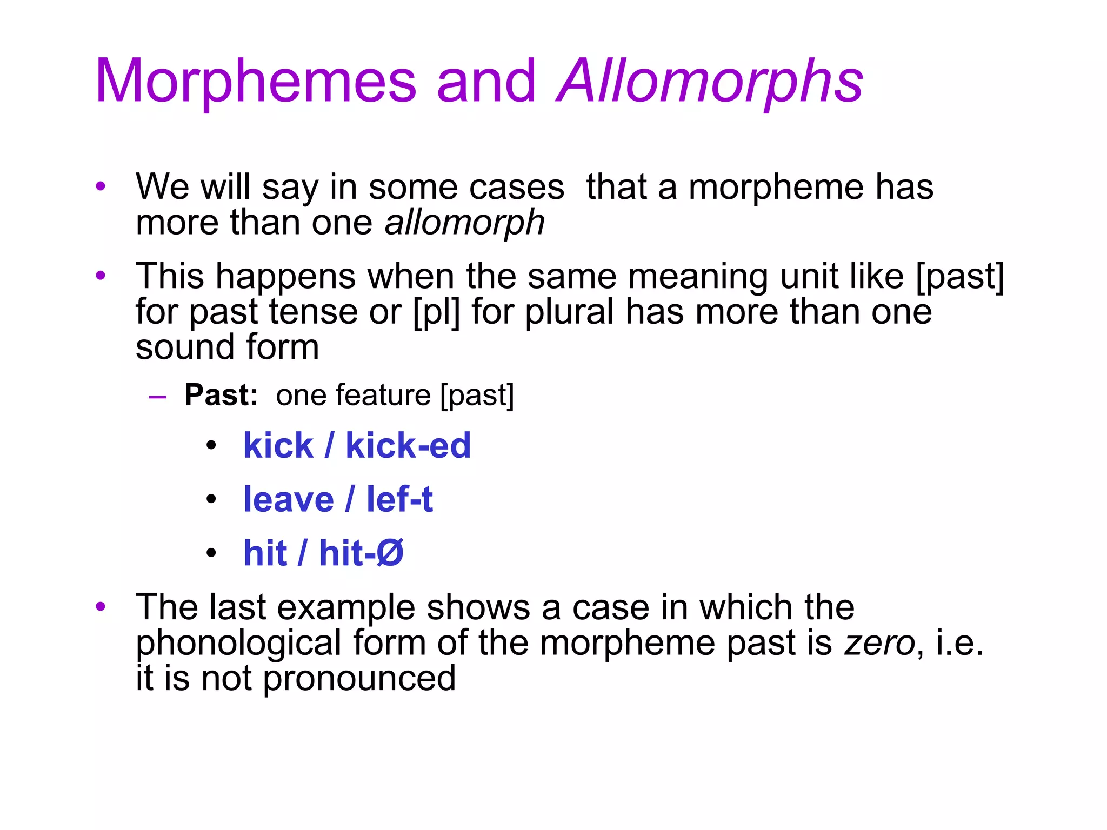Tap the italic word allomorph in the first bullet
click(x=464, y=223)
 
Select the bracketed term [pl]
click(x=436, y=312)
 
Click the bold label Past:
click(x=221, y=395)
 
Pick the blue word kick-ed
click(x=408, y=446)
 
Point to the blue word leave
click(x=289, y=499)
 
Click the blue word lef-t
click(x=399, y=499)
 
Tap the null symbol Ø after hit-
click(x=390, y=553)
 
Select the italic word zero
click(x=879, y=643)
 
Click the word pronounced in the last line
click(x=359, y=679)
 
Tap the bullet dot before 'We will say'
click(x=101, y=187)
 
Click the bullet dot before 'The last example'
click(x=101, y=607)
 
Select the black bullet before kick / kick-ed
click(x=211, y=446)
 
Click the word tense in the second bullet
click(x=314, y=312)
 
